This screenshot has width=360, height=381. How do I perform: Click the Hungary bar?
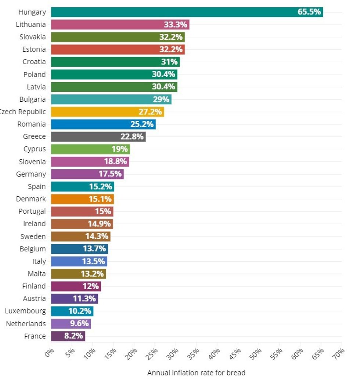[x=187, y=12]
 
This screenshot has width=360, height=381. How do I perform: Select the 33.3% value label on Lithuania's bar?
[x=176, y=25]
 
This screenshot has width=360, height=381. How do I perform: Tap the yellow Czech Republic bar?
[x=107, y=112]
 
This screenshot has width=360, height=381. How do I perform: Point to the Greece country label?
[x=35, y=137]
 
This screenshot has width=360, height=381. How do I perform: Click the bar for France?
[x=68, y=336]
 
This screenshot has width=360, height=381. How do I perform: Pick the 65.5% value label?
[x=309, y=12]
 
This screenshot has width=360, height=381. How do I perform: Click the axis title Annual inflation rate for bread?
[x=196, y=373]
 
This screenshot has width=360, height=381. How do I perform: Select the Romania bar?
[x=103, y=124]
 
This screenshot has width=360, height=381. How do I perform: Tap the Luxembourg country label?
[x=25, y=311]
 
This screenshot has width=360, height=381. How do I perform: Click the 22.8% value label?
[x=132, y=137]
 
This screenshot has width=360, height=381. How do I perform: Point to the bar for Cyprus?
[x=90, y=149]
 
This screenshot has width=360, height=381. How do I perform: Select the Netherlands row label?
[x=26, y=323]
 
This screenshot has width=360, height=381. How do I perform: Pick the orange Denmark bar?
[x=82, y=199]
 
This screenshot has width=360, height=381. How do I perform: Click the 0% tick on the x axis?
[x=50, y=353]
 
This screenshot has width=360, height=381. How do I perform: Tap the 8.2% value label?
[x=73, y=336]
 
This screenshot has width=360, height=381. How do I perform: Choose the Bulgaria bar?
[x=111, y=99]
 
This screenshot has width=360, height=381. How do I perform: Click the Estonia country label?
[x=34, y=50]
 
